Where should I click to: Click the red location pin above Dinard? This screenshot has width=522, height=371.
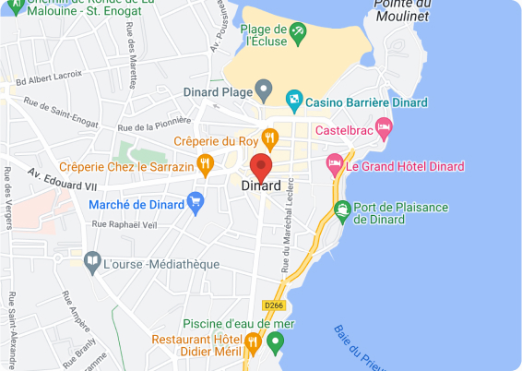pyautogui.click(x=261, y=166)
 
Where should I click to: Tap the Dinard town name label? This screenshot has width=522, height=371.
pyautogui.click(x=261, y=186)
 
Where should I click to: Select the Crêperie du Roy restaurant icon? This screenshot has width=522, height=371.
pyautogui.click(x=269, y=139)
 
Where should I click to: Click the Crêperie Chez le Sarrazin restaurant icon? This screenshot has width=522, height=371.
pyautogui.click(x=205, y=165)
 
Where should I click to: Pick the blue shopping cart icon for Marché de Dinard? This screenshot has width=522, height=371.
pyautogui.click(x=195, y=201)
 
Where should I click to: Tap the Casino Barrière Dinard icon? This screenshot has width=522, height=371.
pyautogui.click(x=293, y=98)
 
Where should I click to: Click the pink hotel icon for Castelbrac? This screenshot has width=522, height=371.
pyautogui.click(x=384, y=126)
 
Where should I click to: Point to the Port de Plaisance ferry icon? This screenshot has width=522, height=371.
pyautogui.click(x=342, y=209)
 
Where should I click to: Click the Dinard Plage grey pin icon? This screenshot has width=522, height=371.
pyautogui.click(x=265, y=91)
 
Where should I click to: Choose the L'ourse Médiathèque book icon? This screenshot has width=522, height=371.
pyautogui.click(x=91, y=263)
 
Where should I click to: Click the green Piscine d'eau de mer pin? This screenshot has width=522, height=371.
pyautogui.click(x=274, y=341)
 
